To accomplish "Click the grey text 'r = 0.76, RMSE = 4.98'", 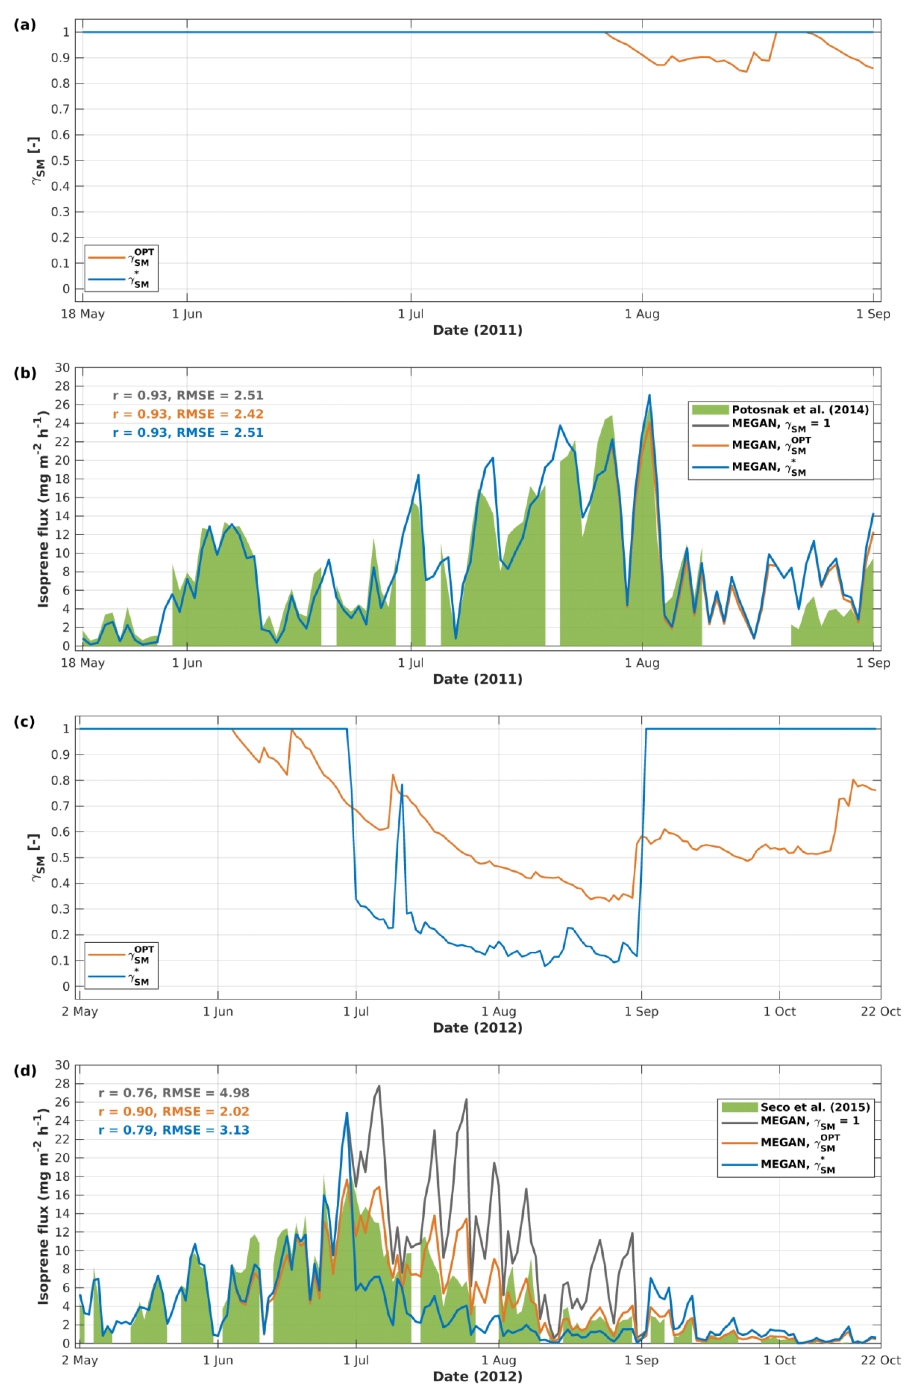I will click(x=174, y=1093).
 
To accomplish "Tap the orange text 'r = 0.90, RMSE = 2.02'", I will click(x=174, y=1111).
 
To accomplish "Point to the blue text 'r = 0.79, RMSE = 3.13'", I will click(x=174, y=1130).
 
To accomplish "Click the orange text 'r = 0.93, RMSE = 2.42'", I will click(x=188, y=414).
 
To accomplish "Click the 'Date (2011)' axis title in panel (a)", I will click(x=478, y=330).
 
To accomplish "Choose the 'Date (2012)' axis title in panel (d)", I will click(x=478, y=1377).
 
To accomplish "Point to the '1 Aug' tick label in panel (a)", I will click(x=642, y=314).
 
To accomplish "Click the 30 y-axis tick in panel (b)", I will click(x=63, y=368).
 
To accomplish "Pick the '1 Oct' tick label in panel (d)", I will click(x=779, y=1360).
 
